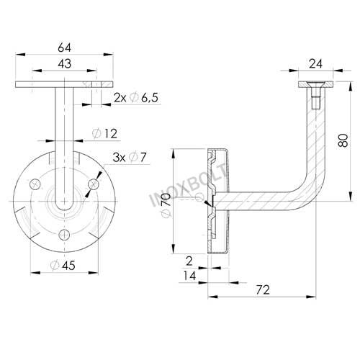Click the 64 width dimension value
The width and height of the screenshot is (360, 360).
[x=65, y=48]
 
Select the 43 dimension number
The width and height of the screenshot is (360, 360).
[x=65, y=63]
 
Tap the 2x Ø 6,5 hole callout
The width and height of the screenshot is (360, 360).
[x=136, y=98]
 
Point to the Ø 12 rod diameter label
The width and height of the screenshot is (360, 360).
[x=104, y=134]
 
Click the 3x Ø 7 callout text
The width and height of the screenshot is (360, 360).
[x=130, y=157]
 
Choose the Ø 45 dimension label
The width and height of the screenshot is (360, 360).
[x=63, y=266]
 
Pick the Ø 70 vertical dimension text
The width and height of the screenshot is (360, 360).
[x=166, y=205]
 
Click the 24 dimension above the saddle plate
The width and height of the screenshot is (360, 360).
[x=315, y=64]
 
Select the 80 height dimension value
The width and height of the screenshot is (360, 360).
[x=343, y=140]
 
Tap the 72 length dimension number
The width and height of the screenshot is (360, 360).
[x=263, y=289]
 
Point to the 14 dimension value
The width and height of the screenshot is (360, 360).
[x=189, y=276]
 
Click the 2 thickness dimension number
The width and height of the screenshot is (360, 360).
[x=189, y=261]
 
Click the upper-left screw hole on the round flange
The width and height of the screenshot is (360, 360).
[x=35, y=184]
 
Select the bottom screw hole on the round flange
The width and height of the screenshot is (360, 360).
[x=65, y=234]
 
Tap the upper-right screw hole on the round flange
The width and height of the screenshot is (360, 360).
[x=94, y=184]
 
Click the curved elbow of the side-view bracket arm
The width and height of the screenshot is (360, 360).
[x=312, y=192]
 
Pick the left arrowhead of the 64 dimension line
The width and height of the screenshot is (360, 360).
[x=20, y=55]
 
